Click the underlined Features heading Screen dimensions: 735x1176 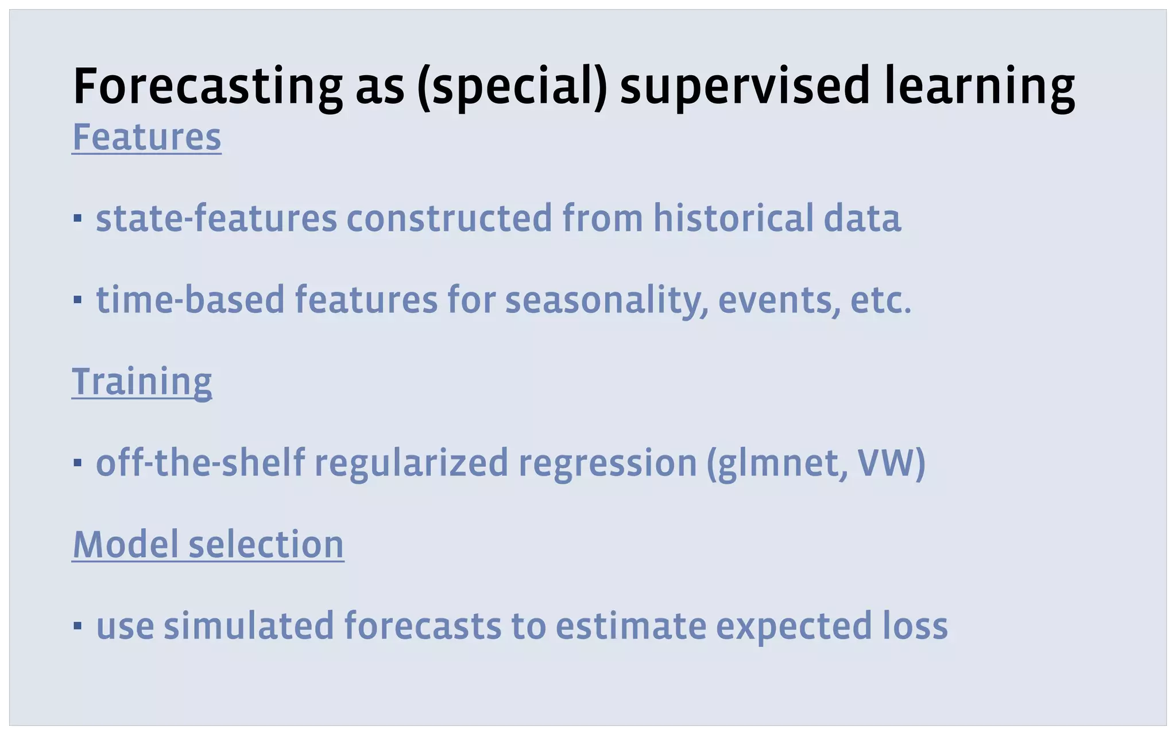pos(146,137)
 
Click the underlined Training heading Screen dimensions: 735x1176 pos(142,381)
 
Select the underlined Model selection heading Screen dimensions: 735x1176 pos(208,544)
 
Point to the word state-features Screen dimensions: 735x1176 pos(216,218)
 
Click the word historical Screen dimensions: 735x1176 pos(733,218)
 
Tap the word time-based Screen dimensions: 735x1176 pos(190,300)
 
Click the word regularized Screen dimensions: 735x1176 pos(411,462)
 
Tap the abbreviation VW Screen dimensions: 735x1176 pos(885,462)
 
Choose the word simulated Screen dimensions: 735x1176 pos(249,625)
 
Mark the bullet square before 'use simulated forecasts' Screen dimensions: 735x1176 pos(78,625)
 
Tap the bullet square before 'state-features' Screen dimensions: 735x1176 pos(78,219)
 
